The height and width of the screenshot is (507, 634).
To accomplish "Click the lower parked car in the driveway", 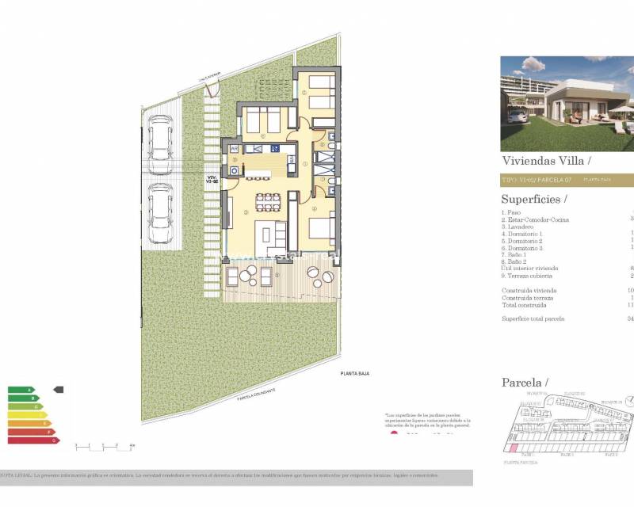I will (162, 204).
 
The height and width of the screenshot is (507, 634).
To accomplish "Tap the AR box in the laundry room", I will (235, 148).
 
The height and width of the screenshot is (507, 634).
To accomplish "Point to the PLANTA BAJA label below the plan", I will (355, 374).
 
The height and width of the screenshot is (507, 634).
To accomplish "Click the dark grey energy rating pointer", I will (58, 390).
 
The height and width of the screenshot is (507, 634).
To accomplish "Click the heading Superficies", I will (535, 199).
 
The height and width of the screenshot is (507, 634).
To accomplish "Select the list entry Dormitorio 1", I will (522, 234).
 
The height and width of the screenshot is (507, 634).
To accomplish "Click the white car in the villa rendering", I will (517, 116).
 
